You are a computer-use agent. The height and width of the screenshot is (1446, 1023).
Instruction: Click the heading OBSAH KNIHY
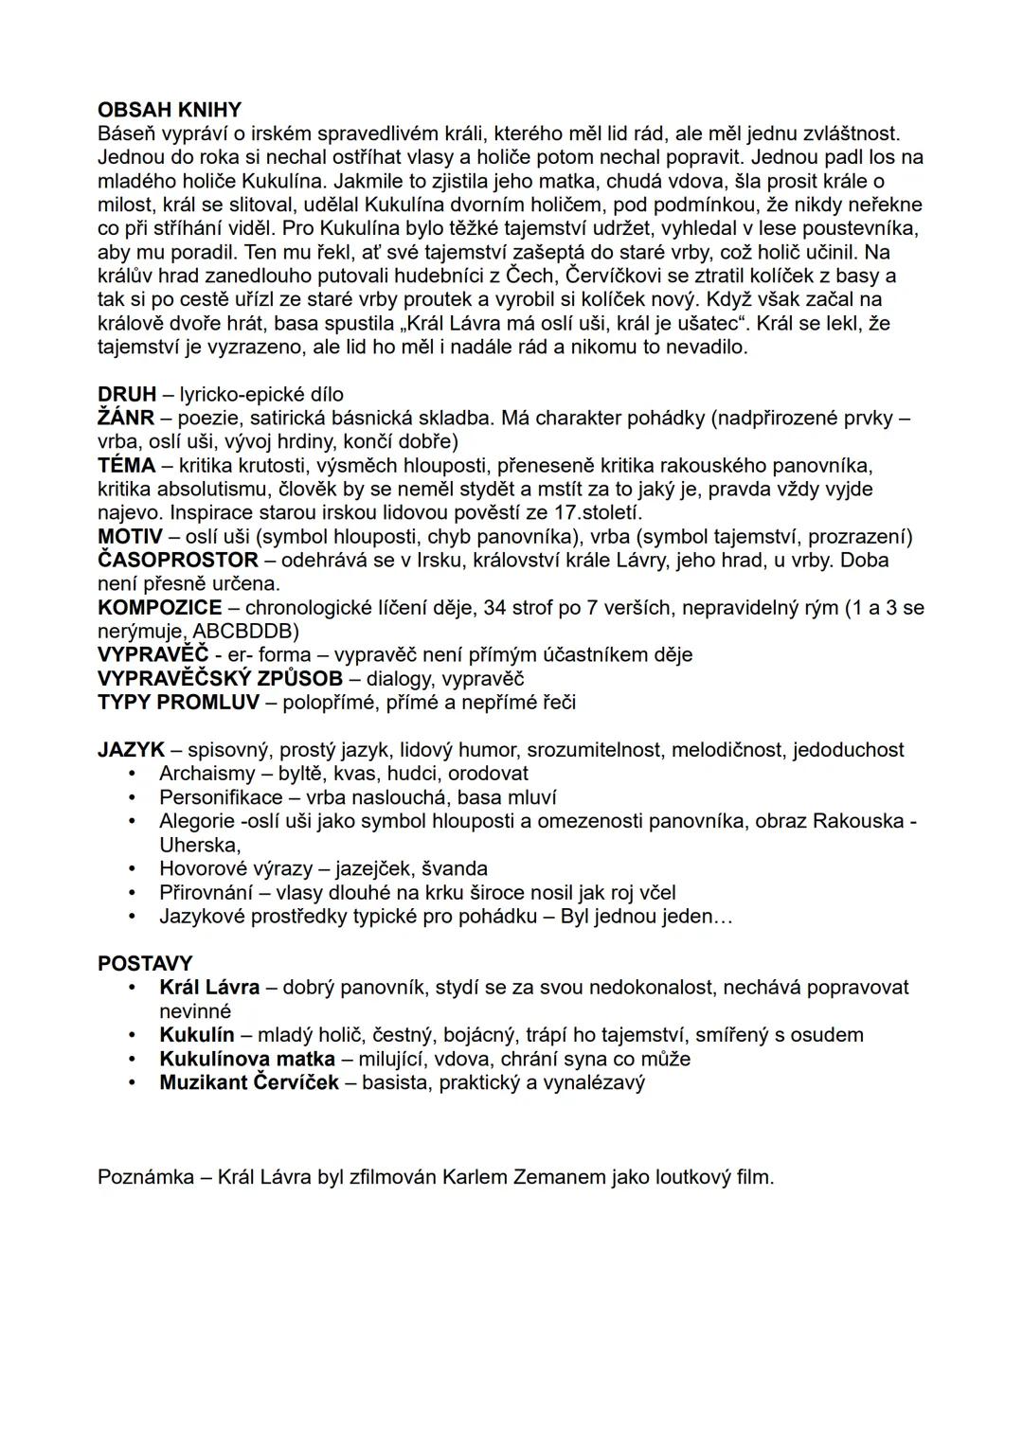point(170,110)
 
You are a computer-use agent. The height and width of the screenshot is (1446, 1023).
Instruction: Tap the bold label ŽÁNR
point(126,418)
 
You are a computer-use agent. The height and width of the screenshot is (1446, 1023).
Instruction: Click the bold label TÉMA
point(126,465)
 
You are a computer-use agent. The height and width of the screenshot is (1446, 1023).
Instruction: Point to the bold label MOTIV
point(131,537)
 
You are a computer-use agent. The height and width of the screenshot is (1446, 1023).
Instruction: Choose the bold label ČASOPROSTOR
point(178,560)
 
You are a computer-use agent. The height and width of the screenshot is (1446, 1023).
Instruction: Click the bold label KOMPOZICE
point(160,607)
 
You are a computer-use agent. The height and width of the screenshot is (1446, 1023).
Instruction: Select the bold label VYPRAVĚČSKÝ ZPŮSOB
point(220,678)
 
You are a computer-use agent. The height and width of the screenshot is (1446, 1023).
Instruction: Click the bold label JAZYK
point(131,750)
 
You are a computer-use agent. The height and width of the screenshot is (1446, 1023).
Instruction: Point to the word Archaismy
point(207,774)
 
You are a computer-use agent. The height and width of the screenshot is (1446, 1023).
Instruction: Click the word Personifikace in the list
point(221,797)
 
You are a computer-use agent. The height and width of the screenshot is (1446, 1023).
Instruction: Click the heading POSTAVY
point(145,964)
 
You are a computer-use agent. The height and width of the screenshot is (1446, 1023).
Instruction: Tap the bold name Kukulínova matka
point(247,1059)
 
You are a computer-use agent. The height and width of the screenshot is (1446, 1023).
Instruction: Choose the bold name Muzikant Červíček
point(249,1082)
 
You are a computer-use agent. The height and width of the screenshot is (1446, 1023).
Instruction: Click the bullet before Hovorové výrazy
point(135,868)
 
